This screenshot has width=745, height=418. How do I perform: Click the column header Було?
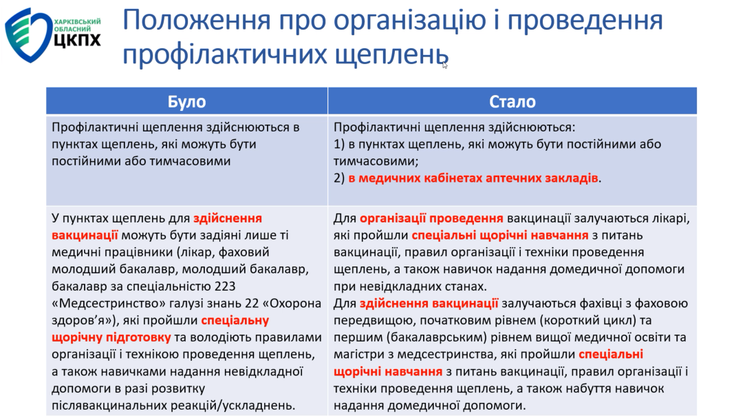click(x=186, y=101)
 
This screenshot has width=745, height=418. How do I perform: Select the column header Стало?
click(x=512, y=101)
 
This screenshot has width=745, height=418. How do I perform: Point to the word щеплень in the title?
click(x=391, y=54)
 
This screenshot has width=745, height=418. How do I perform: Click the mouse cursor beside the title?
click(x=444, y=65)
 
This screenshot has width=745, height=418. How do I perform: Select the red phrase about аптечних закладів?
click(x=473, y=178)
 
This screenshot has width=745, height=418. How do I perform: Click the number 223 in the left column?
click(x=225, y=286)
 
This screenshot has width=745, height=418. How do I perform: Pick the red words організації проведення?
click(x=431, y=218)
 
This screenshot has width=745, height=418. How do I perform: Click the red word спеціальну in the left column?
click(x=235, y=320)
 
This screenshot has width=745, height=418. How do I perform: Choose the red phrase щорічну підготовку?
click(x=111, y=337)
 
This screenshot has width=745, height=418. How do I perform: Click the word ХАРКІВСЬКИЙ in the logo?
click(x=78, y=21)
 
